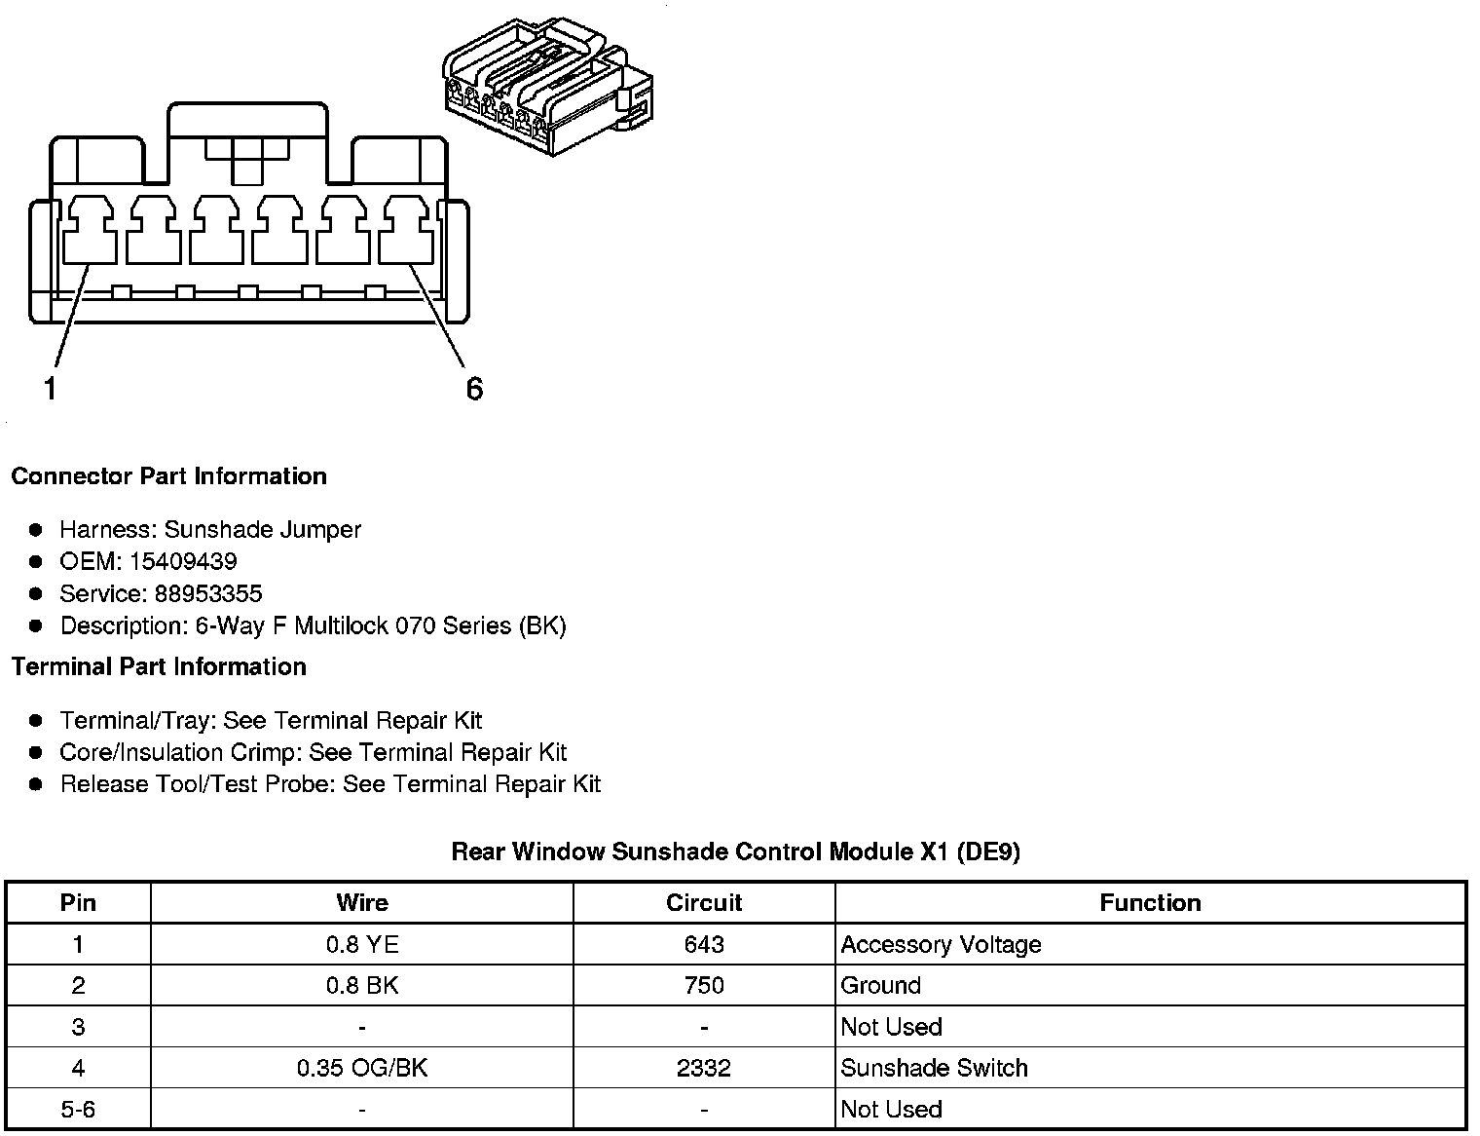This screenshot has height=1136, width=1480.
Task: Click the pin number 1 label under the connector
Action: (50, 389)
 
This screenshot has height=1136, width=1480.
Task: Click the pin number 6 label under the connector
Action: (474, 389)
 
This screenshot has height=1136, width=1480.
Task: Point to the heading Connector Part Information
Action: (168, 476)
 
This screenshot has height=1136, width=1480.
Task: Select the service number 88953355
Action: (208, 593)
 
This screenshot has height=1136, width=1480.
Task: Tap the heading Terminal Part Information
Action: (159, 666)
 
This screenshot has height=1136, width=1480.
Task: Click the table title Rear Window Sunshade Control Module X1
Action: (735, 852)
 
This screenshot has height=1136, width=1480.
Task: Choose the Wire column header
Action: (362, 903)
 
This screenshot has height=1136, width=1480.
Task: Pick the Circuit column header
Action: (704, 903)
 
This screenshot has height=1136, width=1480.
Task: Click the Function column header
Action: (1150, 903)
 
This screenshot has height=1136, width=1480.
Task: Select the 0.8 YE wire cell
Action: (362, 944)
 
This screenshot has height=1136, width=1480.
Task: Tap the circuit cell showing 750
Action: (704, 985)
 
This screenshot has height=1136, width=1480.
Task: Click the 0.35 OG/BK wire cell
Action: (362, 1068)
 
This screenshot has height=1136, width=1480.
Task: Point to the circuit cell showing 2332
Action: (704, 1068)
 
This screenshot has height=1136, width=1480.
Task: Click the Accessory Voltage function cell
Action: (941, 944)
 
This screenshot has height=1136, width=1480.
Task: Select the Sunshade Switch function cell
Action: (934, 1068)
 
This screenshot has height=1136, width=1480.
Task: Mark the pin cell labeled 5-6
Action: (78, 1109)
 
